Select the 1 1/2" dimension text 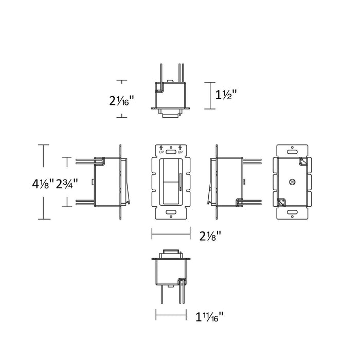(226, 95)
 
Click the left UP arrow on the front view (161, 150)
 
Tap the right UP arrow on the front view (181, 150)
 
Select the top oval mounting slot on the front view (171, 152)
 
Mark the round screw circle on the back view (292, 182)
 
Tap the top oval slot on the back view (292, 152)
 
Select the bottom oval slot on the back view (292, 211)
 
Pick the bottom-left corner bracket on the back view (281, 203)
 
